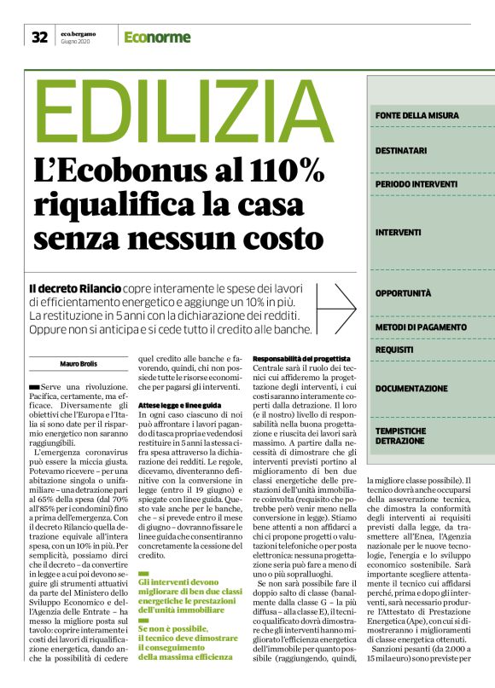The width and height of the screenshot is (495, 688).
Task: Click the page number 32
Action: pyautogui.click(x=39, y=37)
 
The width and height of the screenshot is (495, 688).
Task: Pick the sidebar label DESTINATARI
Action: pyautogui.click(x=401, y=151)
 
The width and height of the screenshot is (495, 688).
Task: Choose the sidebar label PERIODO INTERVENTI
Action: pyautogui.click(x=416, y=184)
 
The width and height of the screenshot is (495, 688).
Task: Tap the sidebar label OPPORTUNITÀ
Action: pyautogui.click(x=403, y=293)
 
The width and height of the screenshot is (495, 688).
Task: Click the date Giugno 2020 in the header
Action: pyautogui.click(x=78, y=41)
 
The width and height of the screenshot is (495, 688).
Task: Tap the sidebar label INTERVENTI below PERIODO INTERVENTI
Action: pyautogui.click(x=398, y=232)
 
